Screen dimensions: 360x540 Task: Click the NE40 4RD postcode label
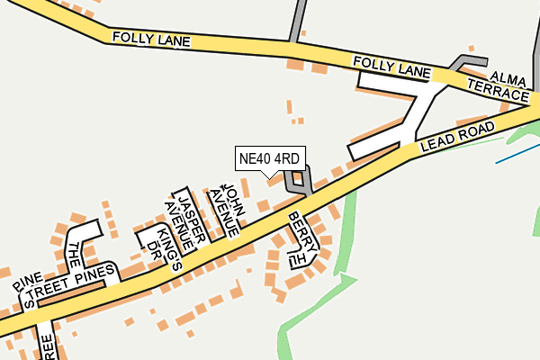269,158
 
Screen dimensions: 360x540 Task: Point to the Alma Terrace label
498,85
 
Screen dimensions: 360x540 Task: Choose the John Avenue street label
224,209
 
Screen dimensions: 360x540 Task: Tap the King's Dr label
168,248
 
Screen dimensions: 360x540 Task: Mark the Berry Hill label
298,238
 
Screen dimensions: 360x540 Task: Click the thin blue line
517,149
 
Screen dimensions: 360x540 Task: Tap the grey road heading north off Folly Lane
296,20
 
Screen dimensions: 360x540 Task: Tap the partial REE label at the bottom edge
47,346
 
